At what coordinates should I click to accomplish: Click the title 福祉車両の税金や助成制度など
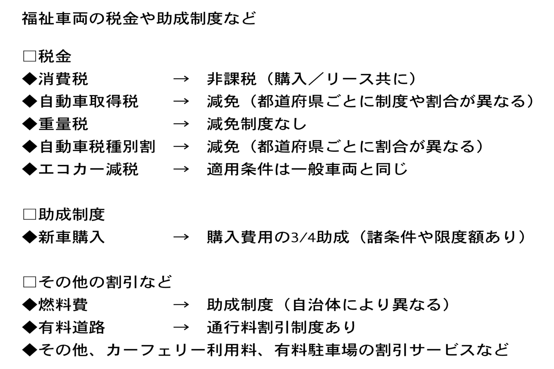pyautogui.click(x=139, y=19)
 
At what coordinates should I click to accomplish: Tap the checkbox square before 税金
pyautogui.click(x=29, y=56)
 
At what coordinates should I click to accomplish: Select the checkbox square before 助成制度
pyautogui.click(x=29, y=215)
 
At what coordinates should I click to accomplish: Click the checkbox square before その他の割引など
pyautogui.click(x=29, y=282)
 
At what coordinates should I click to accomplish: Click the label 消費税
pyautogui.click(x=63, y=79)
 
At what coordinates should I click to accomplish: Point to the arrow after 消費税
pyautogui.click(x=181, y=79)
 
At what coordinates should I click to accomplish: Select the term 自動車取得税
pyautogui.click(x=89, y=102)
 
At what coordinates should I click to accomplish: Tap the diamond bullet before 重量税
pyautogui.click(x=29, y=124)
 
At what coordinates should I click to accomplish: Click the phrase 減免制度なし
pyautogui.click(x=257, y=124)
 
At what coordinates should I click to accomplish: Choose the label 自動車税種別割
pyautogui.click(x=97, y=147)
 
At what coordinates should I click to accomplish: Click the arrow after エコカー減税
pyautogui.click(x=181, y=169)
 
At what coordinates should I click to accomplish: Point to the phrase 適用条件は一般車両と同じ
pyautogui.click(x=307, y=169)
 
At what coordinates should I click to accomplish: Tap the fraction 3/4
pyautogui.click(x=302, y=237)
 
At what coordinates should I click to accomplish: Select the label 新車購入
pyautogui.click(x=71, y=237)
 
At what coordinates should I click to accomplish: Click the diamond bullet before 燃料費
pyautogui.click(x=29, y=305)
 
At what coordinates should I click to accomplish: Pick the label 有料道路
pyautogui.click(x=71, y=327)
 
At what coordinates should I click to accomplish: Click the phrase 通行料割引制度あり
pyautogui.click(x=281, y=327)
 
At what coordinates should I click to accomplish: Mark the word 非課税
pyautogui.click(x=232, y=79)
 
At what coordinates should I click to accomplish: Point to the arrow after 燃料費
pyautogui.click(x=181, y=305)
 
